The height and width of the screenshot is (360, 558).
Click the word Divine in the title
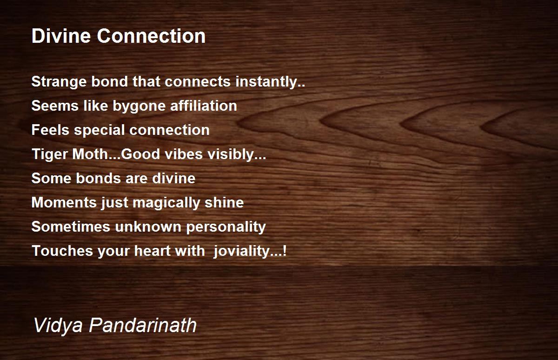pyautogui.click(x=61, y=36)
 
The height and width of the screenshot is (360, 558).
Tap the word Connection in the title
pyautogui.click(x=151, y=36)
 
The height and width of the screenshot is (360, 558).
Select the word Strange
pyautogui.click(x=59, y=82)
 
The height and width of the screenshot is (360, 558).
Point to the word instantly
pyautogui.click(x=270, y=82)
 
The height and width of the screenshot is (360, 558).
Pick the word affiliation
pyautogui.click(x=204, y=106)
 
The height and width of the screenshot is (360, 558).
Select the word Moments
pyautogui.click(x=64, y=202)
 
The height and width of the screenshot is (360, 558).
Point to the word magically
pyautogui.click(x=166, y=203)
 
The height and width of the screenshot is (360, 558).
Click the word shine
pyautogui.click(x=224, y=202)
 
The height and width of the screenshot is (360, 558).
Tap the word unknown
pyautogui.click(x=148, y=227)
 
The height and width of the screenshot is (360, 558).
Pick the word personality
pyautogui.click(x=226, y=227)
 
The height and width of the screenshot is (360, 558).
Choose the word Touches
pyautogui.click(x=62, y=251)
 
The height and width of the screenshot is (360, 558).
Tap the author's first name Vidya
pyautogui.click(x=58, y=326)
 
